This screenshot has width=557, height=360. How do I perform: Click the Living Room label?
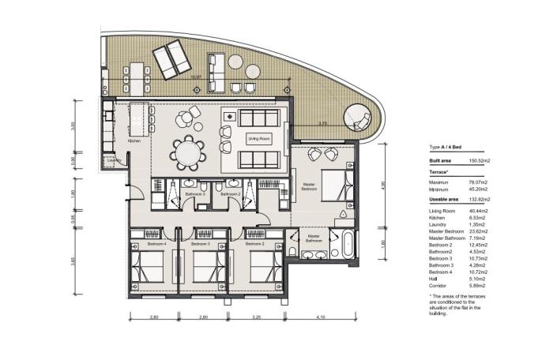tap(254, 138)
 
